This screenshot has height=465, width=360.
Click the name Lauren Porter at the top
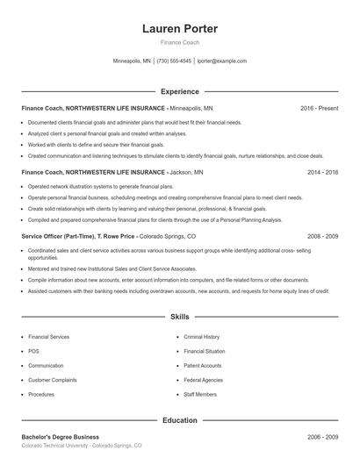click(x=180, y=29)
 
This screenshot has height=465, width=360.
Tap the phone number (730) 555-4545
click(x=174, y=61)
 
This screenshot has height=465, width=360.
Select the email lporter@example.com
click(x=222, y=61)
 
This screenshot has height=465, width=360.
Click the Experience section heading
click(x=180, y=91)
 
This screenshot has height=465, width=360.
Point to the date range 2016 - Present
click(x=319, y=108)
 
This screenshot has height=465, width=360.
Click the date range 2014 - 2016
click(x=322, y=173)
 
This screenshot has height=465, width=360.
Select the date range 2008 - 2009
click(x=322, y=237)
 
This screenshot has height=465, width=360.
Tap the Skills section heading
click(x=180, y=316)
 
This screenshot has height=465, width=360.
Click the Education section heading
click(x=180, y=420)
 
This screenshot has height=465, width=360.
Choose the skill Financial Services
click(x=49, y=337)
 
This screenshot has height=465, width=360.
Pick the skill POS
click(x=33, y=351)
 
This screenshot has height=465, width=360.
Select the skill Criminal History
click(x=202, y=337)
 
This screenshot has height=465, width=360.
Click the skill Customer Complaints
click(x=53, y=380)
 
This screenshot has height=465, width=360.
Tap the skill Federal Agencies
click(x=204, y=380)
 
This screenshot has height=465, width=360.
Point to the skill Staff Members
click(x=200, y=395)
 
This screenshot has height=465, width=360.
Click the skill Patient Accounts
click(x=203, y=366)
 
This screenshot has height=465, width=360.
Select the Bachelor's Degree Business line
click(x=61, y=437)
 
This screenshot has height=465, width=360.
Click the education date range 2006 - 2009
click(x=322, y=437)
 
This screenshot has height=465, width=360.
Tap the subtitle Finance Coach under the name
click(x=180, y=43)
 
